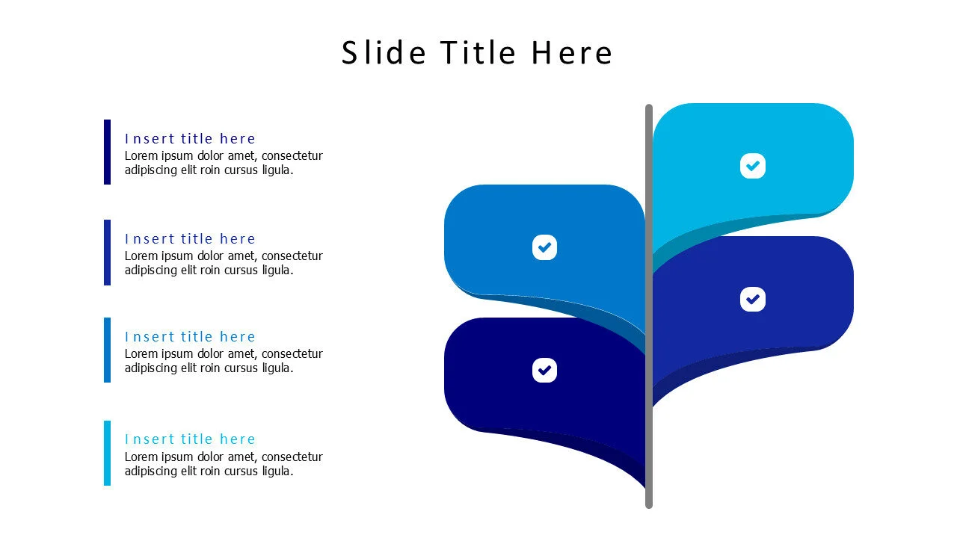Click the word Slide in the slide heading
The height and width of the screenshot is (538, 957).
point(384,53)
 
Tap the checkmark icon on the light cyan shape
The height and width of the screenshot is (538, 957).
point(753,166)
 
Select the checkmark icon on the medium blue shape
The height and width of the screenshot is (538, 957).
point(545,247)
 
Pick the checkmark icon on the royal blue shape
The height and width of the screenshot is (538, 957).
point(753,300)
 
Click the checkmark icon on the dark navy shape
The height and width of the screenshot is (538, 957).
point(545,370)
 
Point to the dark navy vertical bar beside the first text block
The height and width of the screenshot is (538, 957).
point(107,152)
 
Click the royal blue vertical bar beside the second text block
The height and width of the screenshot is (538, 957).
point(107,253)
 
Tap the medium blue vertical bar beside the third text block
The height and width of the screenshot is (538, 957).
point(107,350)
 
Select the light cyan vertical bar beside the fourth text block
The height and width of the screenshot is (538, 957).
point(107,453)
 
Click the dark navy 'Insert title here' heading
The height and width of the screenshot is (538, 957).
point(190,139)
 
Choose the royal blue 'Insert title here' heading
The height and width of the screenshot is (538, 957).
point(190,239)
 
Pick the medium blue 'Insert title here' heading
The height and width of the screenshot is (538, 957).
point(190,337)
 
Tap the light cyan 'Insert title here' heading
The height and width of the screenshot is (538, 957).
point(190,439)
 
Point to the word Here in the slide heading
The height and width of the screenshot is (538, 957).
point(572,53)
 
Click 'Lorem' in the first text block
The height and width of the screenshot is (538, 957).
point(141,156)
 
